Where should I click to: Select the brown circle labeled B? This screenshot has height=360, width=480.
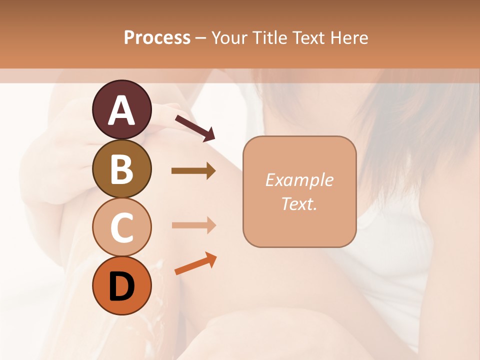pyautogui.click(x=121, y=168)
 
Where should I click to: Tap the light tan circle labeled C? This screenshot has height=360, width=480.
pyautogui.click(x=121, y=227)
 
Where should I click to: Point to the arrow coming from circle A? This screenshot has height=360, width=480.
pyautogui.click(x=195, y=127)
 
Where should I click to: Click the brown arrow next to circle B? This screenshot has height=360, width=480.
pyautogui.click(x=193, y=171)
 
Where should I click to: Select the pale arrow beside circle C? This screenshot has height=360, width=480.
pyautogui.click(x=193, y=225)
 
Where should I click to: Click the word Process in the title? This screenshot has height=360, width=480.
pyautogui.click(x=157, y=37)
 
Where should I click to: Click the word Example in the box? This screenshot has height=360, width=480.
pyautogui.click(x=299, y=180)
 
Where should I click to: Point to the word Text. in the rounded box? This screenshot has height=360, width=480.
pyautogui.click(x=299, y=203)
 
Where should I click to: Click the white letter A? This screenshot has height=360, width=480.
pyautogui.click(x=121, y=110)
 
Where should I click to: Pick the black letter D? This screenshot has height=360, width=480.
pyautogui.click(x=121, y=287)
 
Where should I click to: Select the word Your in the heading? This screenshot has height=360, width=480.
pyautogui.click(x=229, y=37)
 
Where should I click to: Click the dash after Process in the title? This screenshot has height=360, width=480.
pyautogui.click(x=201, y=38)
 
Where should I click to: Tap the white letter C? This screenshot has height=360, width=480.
pyautogui.click(x=121, y=227)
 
